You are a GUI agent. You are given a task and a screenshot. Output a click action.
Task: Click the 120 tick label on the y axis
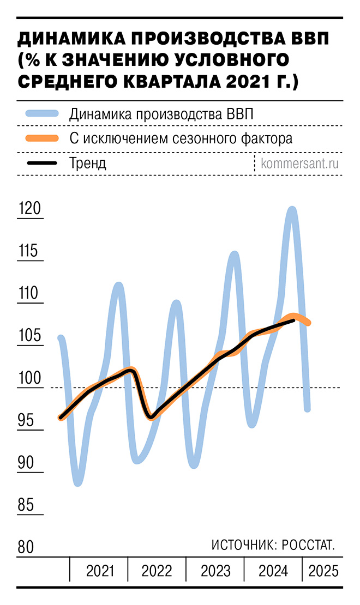[31, 209]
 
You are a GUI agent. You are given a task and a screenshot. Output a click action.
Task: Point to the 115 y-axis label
[31, 252]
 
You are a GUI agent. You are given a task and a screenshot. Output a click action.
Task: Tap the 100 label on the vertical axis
[31, 378]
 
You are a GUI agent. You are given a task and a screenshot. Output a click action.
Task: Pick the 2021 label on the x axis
[100, 571]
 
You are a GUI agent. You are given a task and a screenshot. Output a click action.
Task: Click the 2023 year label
[215, 571]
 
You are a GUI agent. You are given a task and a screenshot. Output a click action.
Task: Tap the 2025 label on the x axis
[323, 571]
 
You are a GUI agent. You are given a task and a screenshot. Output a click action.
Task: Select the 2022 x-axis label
[157, 571]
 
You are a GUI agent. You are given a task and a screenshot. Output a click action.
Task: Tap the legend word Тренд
[88, 163]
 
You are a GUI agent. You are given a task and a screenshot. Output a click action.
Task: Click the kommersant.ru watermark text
[301, 163]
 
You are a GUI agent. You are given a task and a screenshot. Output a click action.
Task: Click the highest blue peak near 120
[292, 209]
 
